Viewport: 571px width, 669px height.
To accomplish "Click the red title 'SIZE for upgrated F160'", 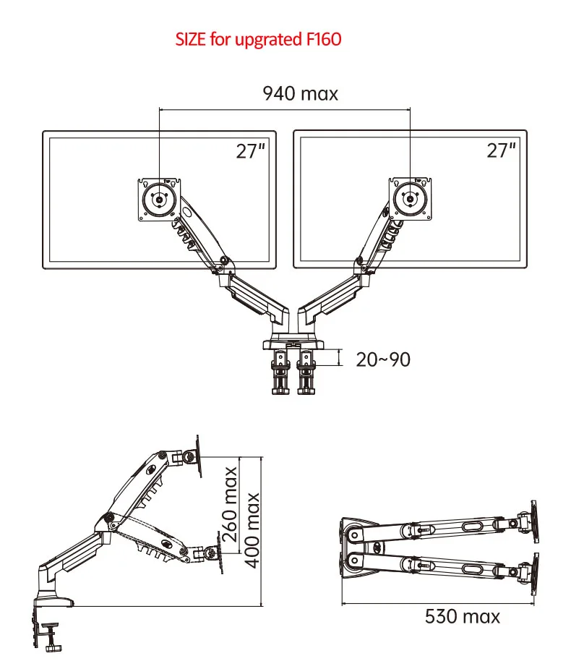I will (x=258, y=39).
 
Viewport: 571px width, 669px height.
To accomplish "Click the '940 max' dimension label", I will (x=300, y=93).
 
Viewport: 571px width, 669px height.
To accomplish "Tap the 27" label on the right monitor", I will (x=501, y=150).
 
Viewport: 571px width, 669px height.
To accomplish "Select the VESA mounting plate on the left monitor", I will (x=158, y=198).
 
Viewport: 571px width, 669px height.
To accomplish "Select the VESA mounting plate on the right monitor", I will (x=409, y=198).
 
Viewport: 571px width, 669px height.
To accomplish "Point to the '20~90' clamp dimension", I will (x=383, y=358).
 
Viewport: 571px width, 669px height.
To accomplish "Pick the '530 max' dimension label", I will (x=462, y=616).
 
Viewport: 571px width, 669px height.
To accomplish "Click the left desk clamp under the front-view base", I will (x=280, y=372).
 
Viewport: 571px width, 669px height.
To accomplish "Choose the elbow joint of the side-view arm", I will (x=108, y=519).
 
